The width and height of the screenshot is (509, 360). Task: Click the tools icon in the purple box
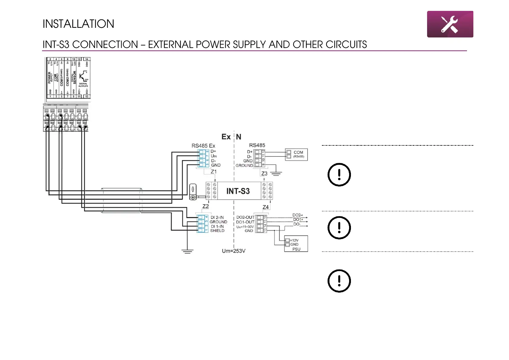pos(449,24)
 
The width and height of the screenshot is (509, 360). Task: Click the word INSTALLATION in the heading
pos(78,24)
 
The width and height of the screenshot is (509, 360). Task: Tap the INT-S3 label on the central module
pos(238,191)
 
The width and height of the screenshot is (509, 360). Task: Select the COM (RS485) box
pos(296,154)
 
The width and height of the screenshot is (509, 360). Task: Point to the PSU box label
pos(296,249)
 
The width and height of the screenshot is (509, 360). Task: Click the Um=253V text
pos(233,251)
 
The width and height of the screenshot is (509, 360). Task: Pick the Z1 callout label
pos(214,172)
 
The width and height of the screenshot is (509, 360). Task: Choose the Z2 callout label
pos(206,206)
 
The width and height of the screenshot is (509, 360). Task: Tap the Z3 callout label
pos(264,174)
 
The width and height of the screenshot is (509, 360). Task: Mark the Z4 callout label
pos(265,207)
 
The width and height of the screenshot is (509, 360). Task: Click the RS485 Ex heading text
pos(203,146)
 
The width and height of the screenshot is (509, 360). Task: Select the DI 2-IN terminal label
pos(217,217)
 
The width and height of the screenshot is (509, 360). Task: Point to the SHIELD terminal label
pos(217,231)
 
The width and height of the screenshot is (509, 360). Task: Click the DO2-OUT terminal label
pos(245,217)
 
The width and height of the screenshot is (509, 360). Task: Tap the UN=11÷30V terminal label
pos(245,227)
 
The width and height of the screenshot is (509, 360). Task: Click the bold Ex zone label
pos(226,137)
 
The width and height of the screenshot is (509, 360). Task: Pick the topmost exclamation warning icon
pos(339,175)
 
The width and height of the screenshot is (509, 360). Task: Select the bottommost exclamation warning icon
pos(339,281)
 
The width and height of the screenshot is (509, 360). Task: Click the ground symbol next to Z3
pos(276,173)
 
